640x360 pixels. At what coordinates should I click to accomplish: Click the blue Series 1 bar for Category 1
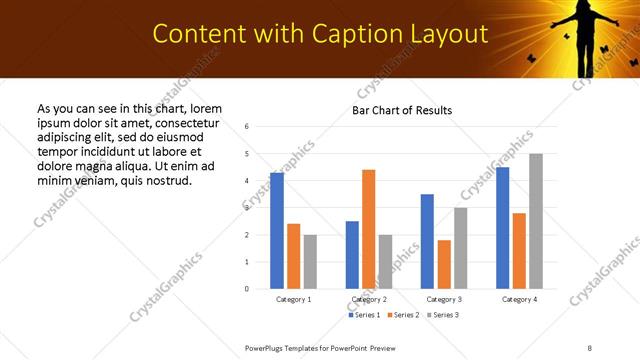(277, 231)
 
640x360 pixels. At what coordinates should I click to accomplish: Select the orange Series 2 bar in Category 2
(368, 229)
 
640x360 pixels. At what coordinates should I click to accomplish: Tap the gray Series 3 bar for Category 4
(536, 221)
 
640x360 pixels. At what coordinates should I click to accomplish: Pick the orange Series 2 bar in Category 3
(443, 264)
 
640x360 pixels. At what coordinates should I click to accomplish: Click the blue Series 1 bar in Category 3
(427, 241)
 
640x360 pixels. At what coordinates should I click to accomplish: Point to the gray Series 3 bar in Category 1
(310, 262)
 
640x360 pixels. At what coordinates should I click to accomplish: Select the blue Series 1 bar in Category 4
(502, 228)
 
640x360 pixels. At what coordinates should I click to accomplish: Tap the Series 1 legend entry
(365, 315)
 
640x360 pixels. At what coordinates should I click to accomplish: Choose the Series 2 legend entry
(403, 315)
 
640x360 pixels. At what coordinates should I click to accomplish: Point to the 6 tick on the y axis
(246, 127)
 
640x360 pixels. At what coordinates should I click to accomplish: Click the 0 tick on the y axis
(246, 289)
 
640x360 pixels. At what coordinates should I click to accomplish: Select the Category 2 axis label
(368, 299)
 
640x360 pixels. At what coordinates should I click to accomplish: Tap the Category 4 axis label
(519, 299)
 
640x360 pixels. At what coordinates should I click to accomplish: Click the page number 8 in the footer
(589, 347)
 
